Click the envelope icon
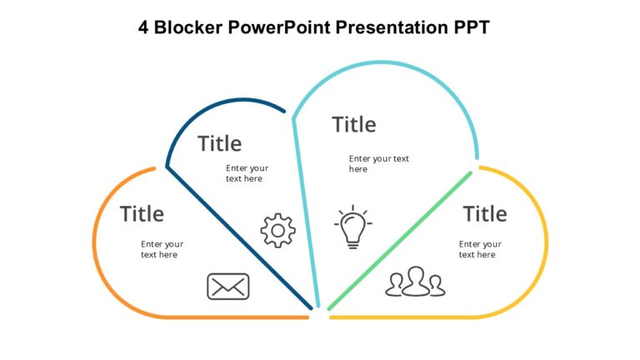[227, 287]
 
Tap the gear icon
[277, 231]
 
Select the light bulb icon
[353, 227]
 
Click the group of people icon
[415, 282]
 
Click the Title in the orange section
[142, 214]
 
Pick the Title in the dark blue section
[219, 143]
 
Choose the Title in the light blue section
[353, 125]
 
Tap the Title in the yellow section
[485, 214]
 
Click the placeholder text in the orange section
[162, 249]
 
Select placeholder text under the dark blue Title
[247, 173]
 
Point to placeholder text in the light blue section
[378, 163]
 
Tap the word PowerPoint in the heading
[285, 27]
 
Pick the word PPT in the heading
[472, 27]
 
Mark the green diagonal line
[400, 242]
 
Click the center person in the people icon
[415, 280]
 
